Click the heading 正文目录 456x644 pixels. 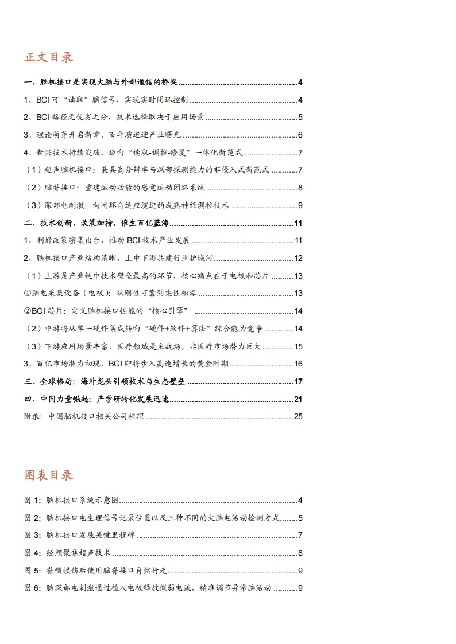pos(49,58)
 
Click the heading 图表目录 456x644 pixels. pos(49,475)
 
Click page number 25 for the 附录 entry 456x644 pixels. pos(297,416)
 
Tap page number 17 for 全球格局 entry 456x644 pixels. pos(297,381)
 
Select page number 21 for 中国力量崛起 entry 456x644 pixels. pos(297,399)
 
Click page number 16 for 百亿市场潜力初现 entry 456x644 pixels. pos(297,364)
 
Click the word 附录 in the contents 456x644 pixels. pos(33,416)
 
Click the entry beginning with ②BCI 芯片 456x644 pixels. pos(109,311)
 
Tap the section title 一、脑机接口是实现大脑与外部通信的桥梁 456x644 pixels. pos(101,83)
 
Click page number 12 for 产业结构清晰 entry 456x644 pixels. pos(297,259)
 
